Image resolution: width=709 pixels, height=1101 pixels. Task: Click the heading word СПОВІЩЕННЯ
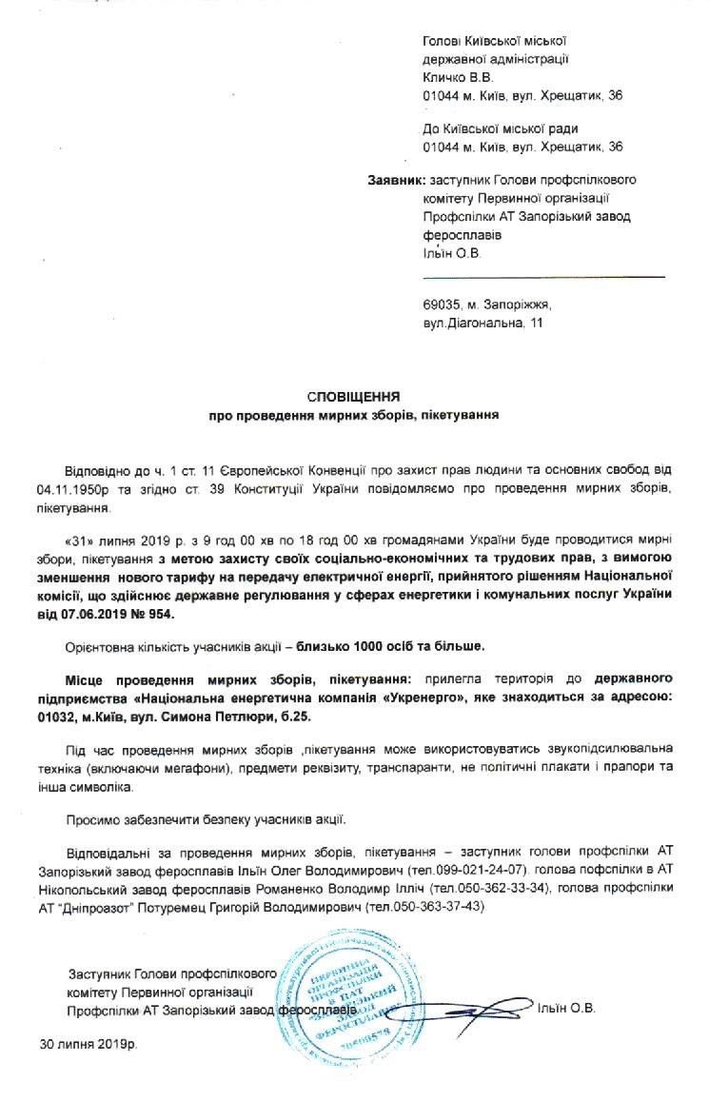pyautogui.click(x=353, y=395)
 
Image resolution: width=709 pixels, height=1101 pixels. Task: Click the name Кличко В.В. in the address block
pyautogui.click(x=455, y=78)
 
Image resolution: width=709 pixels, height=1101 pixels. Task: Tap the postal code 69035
pyautogui.click(x=442, y=307)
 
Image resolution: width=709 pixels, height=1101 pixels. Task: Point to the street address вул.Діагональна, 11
pyautogui.click(x=484, y=324)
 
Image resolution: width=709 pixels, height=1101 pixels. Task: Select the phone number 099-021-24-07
pyautogui.click(x=480, y=871)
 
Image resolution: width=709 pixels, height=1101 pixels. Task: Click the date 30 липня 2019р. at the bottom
pyautogui.click(x=89, y=1044)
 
